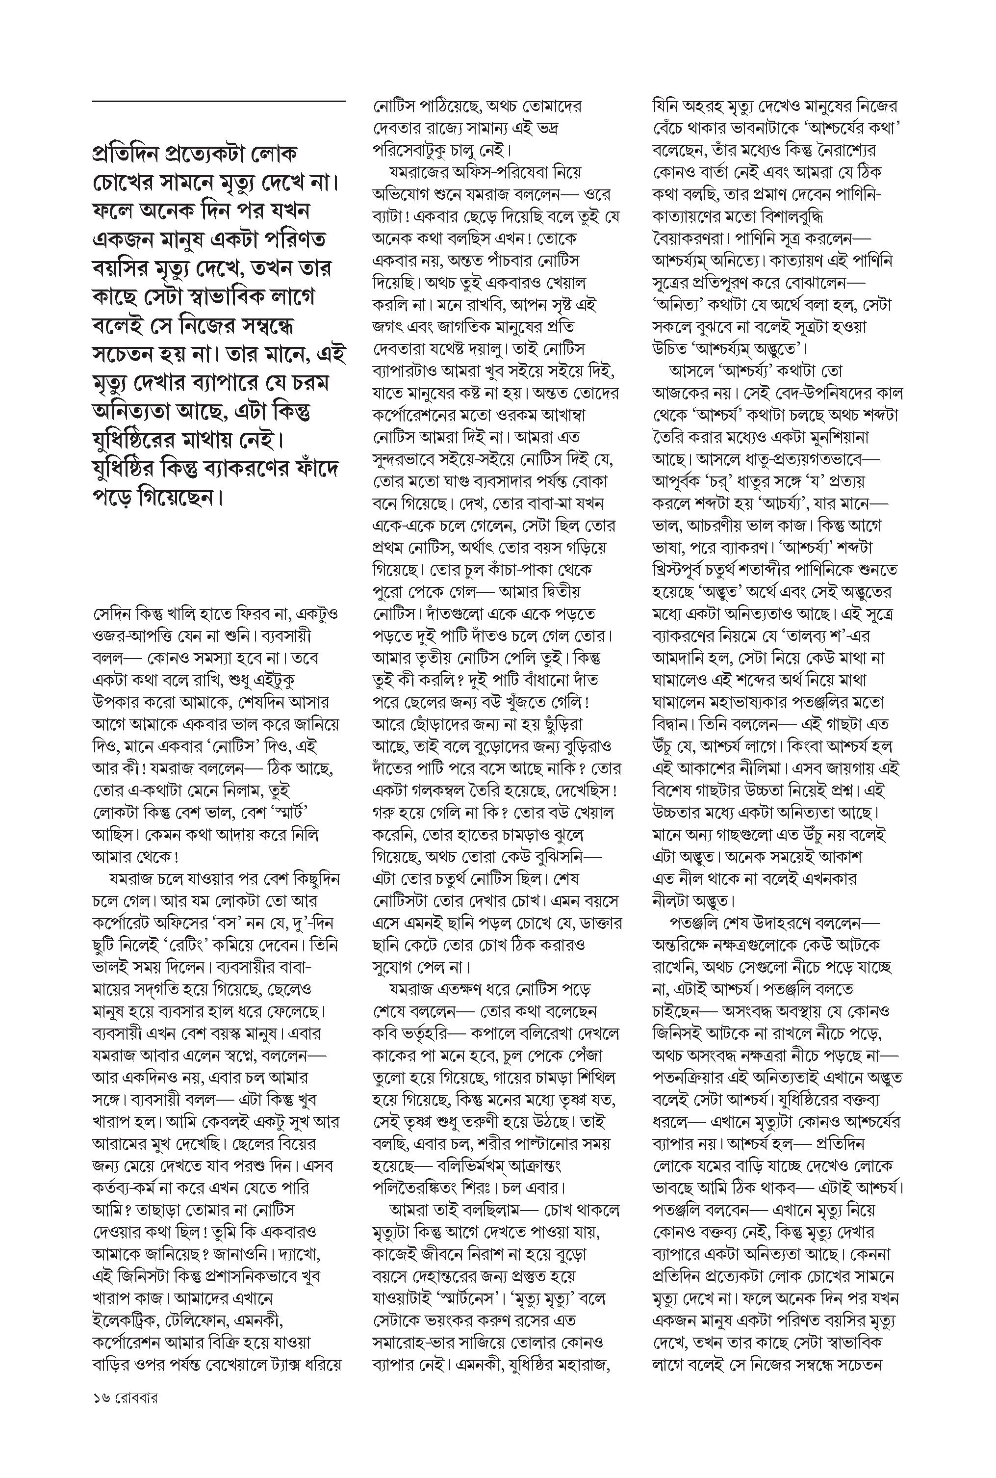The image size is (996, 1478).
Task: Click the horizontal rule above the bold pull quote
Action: [x=219, y=101]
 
